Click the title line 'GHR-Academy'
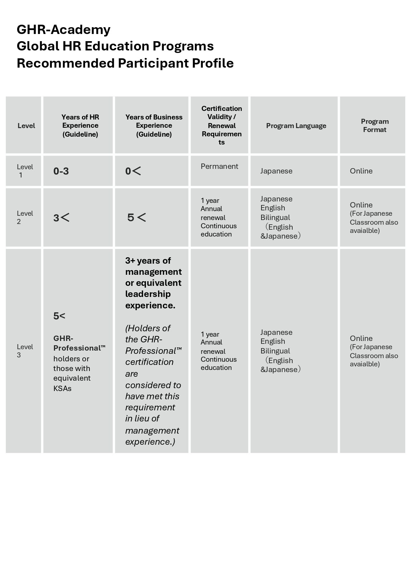63,29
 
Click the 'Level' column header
26,126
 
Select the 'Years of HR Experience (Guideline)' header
80,126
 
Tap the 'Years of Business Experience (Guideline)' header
154,126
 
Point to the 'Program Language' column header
296,126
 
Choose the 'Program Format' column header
375,126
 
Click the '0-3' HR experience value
61,171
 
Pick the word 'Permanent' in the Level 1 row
219,166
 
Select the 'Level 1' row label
25,171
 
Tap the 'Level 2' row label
25,217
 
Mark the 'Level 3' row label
25,351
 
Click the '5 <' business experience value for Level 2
137,217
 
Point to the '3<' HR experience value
62,218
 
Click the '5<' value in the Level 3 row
59,316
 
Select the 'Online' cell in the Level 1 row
361,171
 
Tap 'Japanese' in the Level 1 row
276,171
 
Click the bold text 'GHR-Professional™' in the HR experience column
79,343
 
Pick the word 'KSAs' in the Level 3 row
62,388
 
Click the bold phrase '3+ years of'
148,260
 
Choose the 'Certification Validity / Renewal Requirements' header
221,125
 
